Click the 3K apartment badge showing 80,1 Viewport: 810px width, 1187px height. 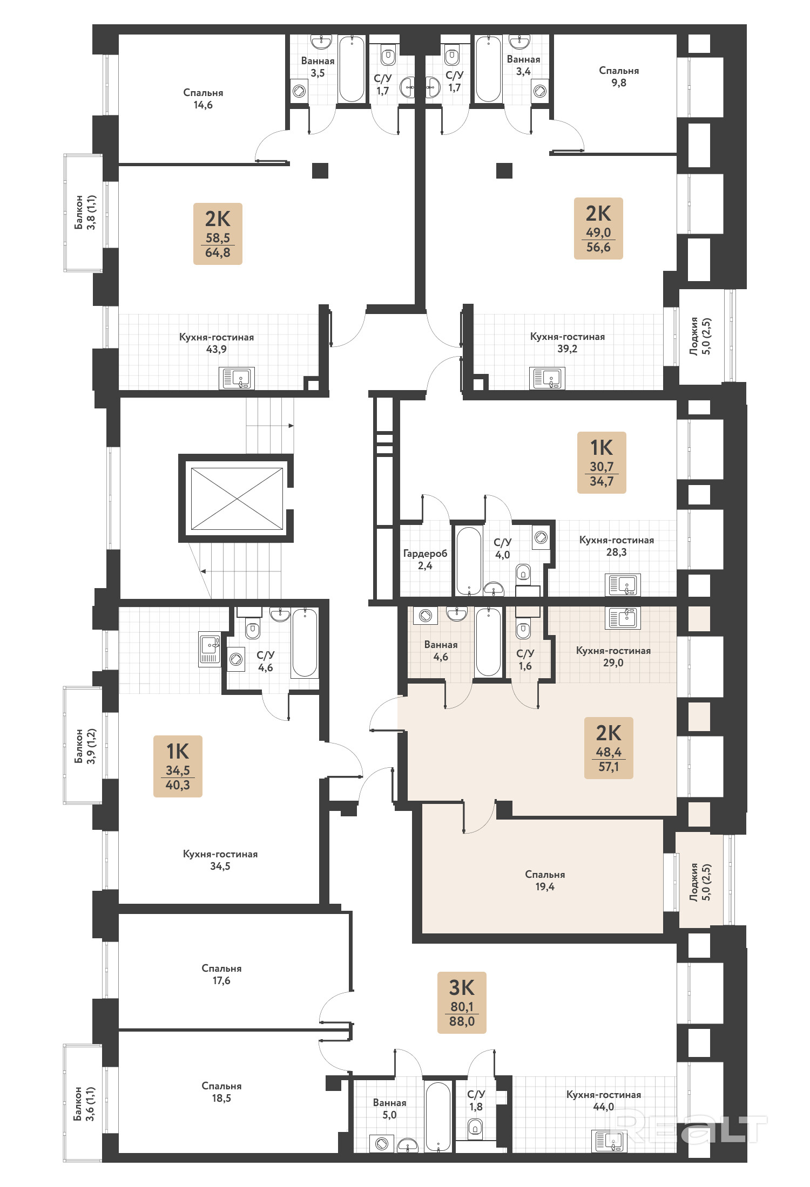point(462,1002)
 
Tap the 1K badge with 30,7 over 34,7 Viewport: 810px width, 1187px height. point(602,462)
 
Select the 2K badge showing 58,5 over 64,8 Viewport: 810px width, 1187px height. point(218,234)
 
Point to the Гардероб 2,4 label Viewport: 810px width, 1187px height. point(425,559)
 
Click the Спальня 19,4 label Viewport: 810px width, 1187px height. point(545,880)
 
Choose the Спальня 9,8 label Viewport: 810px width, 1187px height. point(619,76)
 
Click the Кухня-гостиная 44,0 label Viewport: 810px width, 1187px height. point(604,1100)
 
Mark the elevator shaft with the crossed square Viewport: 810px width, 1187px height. point(237,499)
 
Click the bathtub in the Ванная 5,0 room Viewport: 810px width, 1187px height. point(437,1116)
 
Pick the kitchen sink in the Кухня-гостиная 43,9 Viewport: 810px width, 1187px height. point(237,378)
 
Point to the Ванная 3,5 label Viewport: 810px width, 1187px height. point(318,67)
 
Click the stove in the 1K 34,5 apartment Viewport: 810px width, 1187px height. point(210,649)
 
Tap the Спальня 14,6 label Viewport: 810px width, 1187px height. point(203,99)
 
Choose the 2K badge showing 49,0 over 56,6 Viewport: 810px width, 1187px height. point(598,228)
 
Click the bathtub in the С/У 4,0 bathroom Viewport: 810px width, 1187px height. point(469,561)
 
